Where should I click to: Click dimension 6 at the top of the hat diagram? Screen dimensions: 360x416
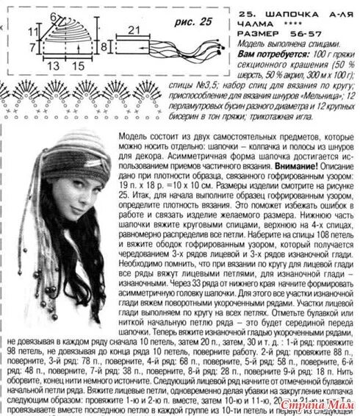(54, 15)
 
